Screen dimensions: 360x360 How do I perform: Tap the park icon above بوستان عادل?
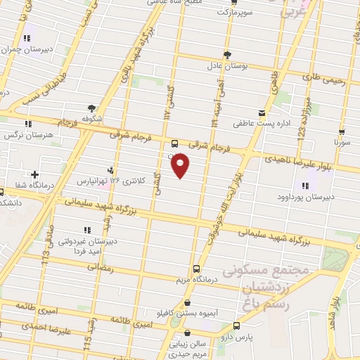tap(227, 55)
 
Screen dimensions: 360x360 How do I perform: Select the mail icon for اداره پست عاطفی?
tap(262, 113)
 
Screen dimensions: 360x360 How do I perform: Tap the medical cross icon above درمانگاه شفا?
tap(34, 174)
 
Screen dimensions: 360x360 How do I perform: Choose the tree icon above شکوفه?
tap(91, 108)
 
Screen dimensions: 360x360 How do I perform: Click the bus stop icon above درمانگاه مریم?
tap(196, 268)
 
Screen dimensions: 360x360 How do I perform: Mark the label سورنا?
tap(341, 143)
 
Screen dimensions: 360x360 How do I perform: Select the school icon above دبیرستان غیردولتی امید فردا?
tap(86, 229)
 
